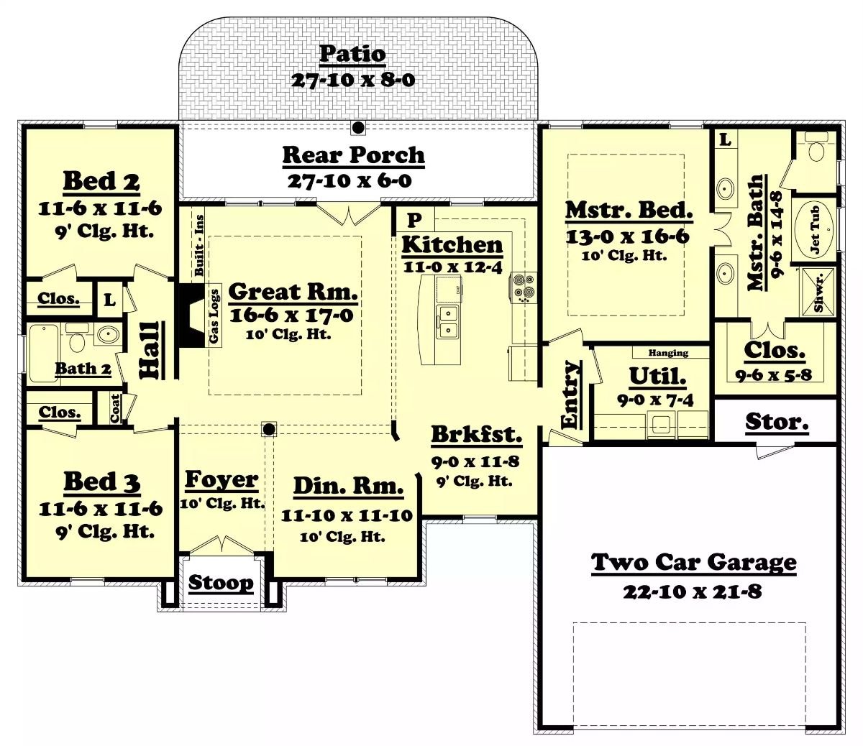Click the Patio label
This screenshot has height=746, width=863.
[352, 54]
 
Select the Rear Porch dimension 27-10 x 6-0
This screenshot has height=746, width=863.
[350, 180]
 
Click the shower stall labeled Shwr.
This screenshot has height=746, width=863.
[817, 291]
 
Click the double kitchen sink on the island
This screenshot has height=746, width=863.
[449, 321]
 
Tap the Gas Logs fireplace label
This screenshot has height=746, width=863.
[214, 317]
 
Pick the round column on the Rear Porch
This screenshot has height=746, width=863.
[357, 128]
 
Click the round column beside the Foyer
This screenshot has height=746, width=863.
[269, 430]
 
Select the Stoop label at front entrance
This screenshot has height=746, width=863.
[221, 583]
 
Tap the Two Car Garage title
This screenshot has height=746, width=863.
[693, 562]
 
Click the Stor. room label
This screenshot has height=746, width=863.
[776, 422]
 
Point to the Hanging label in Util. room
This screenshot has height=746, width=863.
[668, 353]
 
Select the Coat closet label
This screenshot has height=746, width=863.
[115, 408]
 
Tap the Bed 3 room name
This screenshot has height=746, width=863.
[101, 482]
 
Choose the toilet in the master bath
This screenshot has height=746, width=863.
[816, 150]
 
